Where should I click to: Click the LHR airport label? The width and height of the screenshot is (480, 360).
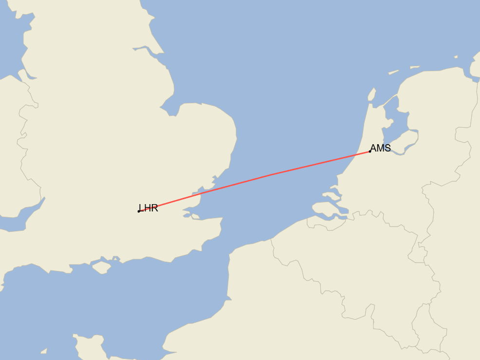click(148, 208)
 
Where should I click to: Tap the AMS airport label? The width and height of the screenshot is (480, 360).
click(380, 148)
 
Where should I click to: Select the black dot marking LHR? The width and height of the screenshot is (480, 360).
click(139, 211)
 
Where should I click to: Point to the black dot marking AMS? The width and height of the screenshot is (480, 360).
click(370, 152)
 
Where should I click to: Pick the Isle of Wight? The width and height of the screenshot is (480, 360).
click(101, 267)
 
